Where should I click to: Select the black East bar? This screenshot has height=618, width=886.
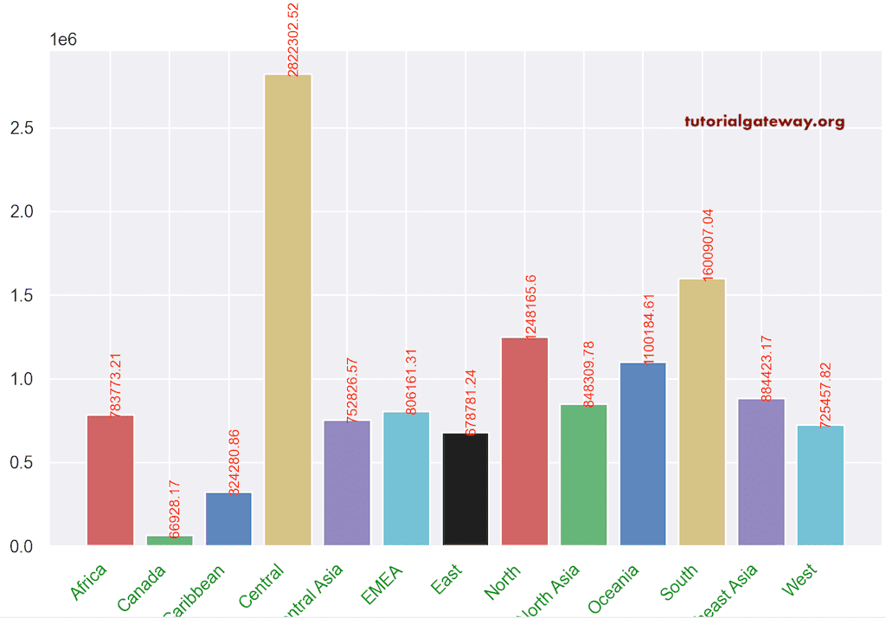coord(465,489)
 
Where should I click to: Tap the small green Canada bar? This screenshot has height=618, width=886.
coord(170,540)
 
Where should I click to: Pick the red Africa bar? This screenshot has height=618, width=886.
coord(110,480)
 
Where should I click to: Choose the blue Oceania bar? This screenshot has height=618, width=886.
coord(643,454)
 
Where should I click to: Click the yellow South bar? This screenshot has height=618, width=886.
coord(702,412)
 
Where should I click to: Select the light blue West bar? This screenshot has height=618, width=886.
coord(820,485)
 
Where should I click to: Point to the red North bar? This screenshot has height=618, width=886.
coord(524,441)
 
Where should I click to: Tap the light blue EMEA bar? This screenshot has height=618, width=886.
coord(406,479)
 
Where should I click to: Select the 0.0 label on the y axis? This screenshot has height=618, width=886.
coord(22,547)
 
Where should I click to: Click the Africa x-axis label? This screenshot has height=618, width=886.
coord(90,580)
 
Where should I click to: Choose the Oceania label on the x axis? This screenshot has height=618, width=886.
coord(614,587)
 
